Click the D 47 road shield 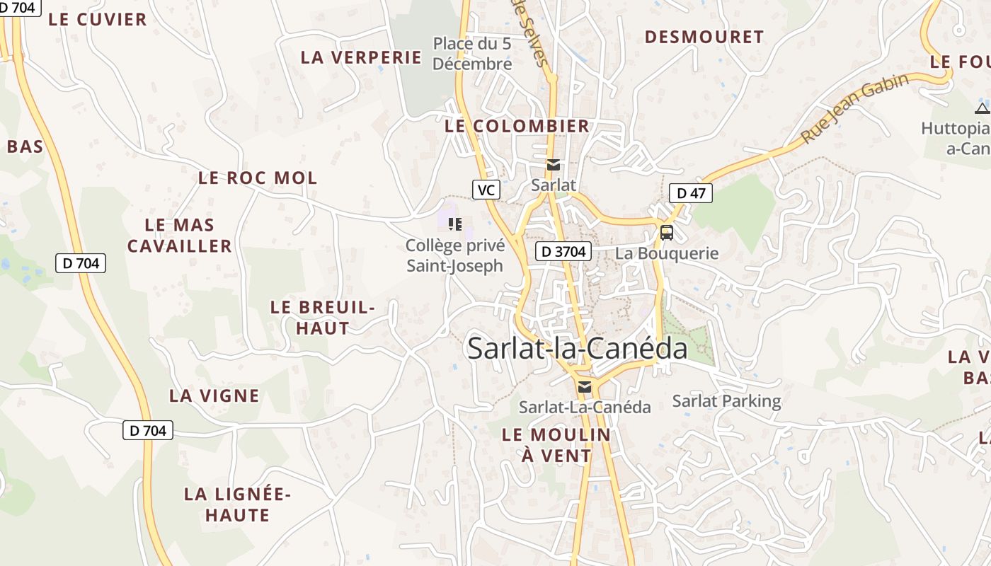pos(690,192)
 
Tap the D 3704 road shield pos(563,251)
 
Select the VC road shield pos(486,190)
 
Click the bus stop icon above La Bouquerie pos(666,232)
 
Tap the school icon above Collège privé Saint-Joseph pos(455,224)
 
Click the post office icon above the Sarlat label pos(554,165)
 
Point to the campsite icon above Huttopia pos(982,108)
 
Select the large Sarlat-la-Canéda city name pos(577,348)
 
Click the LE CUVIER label pos(98,20)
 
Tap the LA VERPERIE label pos(361,57)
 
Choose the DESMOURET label pos(704,37)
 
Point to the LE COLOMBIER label pos(517,127)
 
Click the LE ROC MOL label pos(258,178)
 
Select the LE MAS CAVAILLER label pos(180,236)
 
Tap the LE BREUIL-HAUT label pos(323,318)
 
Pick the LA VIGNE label pos(214,395)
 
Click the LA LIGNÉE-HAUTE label pos(237,504)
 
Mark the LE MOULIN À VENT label pos(556,445)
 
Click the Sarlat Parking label pos(726,401)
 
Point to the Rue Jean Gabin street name pos(855,108)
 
